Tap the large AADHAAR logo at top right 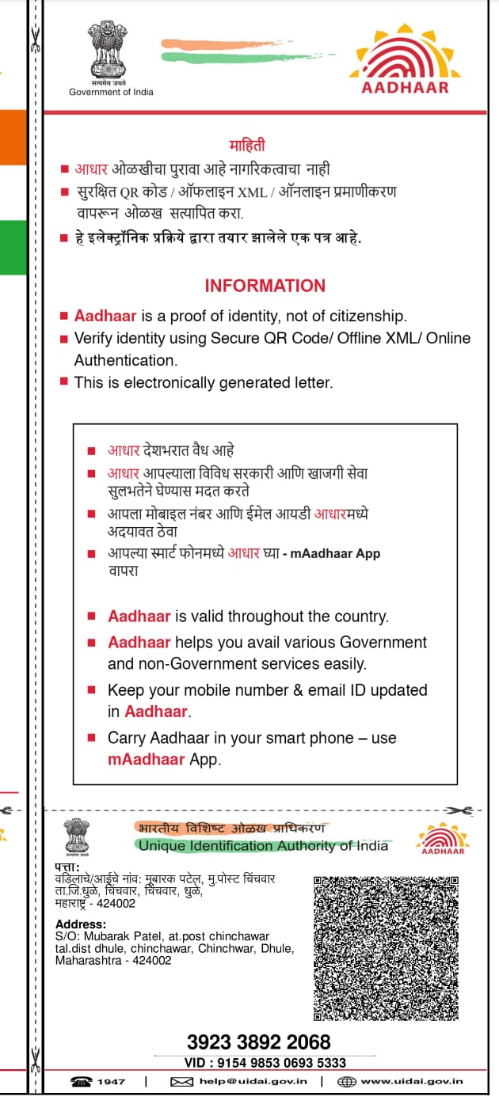pos(405,59)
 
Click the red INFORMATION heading pos(265,286)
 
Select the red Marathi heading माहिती pos(247,145)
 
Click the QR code pos(392,947)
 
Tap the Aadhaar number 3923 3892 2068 pos(258,1042)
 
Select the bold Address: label pos(80,924)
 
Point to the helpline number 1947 pos(111,1081)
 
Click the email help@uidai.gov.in pos(253,1081)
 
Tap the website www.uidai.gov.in pos(412,1081)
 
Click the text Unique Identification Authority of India pos(263,846)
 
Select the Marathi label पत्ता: pos(70,868)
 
